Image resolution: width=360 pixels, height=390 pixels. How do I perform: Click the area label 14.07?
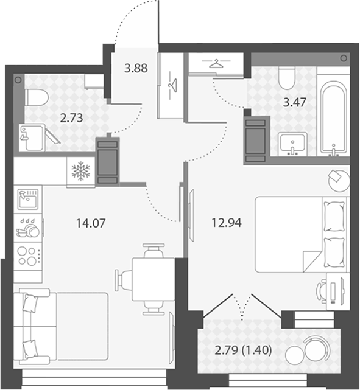[91, 223]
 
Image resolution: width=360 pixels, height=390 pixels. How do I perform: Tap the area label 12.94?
[227, 223]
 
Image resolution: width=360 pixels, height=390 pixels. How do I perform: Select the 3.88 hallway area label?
[136, 68]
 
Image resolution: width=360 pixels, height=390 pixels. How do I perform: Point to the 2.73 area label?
[71, 118]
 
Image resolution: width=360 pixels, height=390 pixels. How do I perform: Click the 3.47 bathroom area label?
[295, 102]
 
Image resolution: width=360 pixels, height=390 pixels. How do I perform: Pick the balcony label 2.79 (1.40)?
[243, 350]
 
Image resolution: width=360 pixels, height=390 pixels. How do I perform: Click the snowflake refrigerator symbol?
[80, 171]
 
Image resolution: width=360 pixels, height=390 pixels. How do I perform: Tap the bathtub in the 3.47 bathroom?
[333, 117]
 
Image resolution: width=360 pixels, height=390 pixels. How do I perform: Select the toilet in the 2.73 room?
[37, 98]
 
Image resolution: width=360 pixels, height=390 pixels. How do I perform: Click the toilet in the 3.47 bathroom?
[286, 78]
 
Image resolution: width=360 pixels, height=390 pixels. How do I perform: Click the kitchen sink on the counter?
[28, 199]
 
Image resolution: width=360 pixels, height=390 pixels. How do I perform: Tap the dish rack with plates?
[28, 228]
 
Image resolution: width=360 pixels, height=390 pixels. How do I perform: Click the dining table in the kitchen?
[154, 279]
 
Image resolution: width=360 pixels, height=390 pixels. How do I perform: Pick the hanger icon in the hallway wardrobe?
[172, 85]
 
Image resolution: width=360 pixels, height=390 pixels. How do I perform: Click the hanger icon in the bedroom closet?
[216, 64]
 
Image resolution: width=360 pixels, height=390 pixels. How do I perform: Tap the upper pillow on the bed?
[334, 217]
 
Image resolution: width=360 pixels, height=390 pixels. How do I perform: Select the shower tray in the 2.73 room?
[32, 138]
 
